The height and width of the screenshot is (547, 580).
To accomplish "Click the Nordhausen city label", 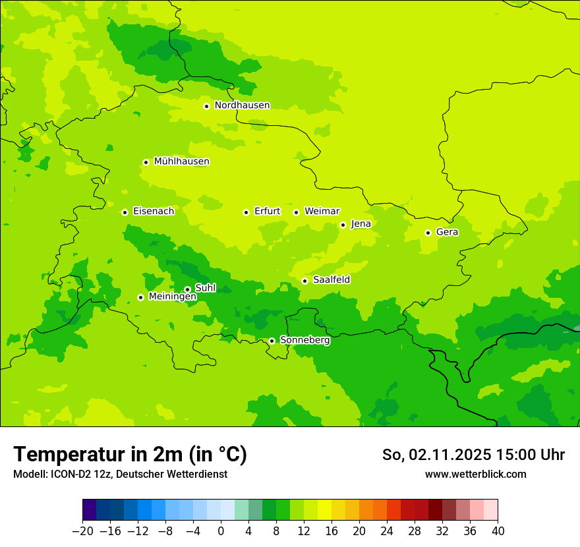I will [x=242, y=105].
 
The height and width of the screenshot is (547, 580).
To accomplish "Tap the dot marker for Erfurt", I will [x=246, y=212].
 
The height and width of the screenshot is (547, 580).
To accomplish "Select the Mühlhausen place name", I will [x=181, y=161].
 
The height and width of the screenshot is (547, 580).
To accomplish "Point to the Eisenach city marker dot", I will [x=125, y=212].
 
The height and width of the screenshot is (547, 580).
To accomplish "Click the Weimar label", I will [x=322, y=212].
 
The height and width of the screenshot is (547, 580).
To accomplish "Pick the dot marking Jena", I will [x=343, y=225].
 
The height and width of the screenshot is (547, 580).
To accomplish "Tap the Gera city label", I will [x=447, y=232].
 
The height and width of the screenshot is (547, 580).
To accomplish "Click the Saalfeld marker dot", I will [x=304, y=281].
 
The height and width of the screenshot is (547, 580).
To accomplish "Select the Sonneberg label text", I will [x=304, y=340].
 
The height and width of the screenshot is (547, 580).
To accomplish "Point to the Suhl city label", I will [x=205, y=288].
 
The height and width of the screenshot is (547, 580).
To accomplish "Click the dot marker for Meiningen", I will [x=140, y=297].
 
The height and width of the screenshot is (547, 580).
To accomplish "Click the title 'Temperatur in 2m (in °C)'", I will [x=130, y=455].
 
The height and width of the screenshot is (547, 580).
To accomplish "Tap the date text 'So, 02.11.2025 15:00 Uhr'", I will [x=473, y=455].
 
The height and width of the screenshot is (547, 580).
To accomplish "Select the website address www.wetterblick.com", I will [x=475, y=474].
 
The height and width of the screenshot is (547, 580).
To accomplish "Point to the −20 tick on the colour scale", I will [x=82, y=531].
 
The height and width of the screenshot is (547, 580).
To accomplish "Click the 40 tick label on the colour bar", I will [x=498, y=531].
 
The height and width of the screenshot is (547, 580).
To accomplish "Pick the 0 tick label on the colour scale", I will [x=221, y=531].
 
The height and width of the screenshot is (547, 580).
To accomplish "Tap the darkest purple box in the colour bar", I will [x=89, y=510].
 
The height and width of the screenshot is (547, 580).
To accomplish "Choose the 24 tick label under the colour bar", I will [x=387, y=531].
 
